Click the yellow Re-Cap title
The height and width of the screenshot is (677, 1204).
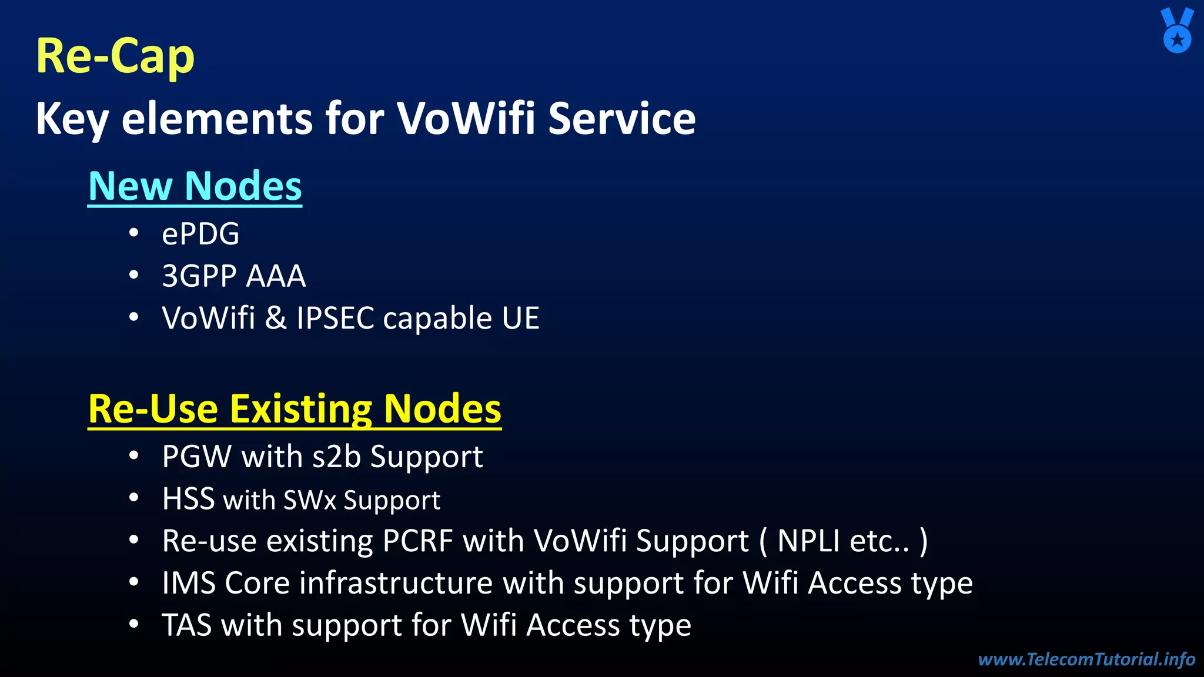pyautogui.click(x=115, y=56)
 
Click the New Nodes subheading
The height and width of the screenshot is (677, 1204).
pyautogui.click(x=195, y=186)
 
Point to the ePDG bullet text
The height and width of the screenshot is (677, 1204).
pyautogui.click(x=200, y=234)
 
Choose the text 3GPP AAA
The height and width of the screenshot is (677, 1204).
pyautogui.click(x=233, y=276)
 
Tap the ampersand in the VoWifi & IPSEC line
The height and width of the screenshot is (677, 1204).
pyautogui.click(x=276, y=319)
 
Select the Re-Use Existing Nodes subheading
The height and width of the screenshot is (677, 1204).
pyautogui.click(x=295, y=409)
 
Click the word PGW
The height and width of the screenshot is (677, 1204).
pyautogui.click(x=197, y=457)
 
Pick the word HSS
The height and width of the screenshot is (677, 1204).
pyautogui.click(x=188, y=499)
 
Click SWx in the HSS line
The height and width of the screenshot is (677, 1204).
pyautogui.click(x=310, y=500)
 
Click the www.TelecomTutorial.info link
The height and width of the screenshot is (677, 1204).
pyautogui.click(x=1086, y=659)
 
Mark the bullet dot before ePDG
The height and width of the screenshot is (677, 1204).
pyautogui.click(x=134, y=233)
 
